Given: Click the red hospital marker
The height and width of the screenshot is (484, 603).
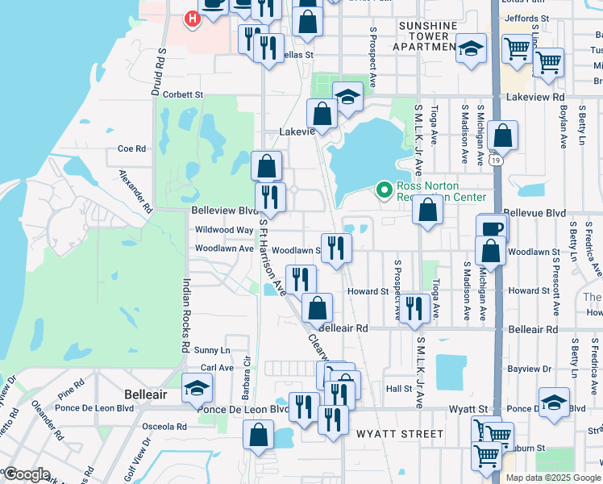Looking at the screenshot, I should point(193,19).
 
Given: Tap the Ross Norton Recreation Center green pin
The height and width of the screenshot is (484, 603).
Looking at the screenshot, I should point(384,190).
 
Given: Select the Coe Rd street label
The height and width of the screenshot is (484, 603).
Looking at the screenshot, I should point(131,148).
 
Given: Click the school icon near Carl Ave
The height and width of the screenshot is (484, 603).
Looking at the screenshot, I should point(197,388).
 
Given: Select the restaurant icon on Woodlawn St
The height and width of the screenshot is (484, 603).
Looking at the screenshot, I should point(336,247).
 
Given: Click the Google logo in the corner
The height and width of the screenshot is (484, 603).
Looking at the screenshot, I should point(27,474).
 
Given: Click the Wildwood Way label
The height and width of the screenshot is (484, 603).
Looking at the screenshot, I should point(224,230).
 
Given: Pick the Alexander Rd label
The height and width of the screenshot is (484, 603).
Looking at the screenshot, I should point(135,190).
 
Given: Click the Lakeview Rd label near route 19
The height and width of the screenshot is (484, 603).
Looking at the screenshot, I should point(536,97).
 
